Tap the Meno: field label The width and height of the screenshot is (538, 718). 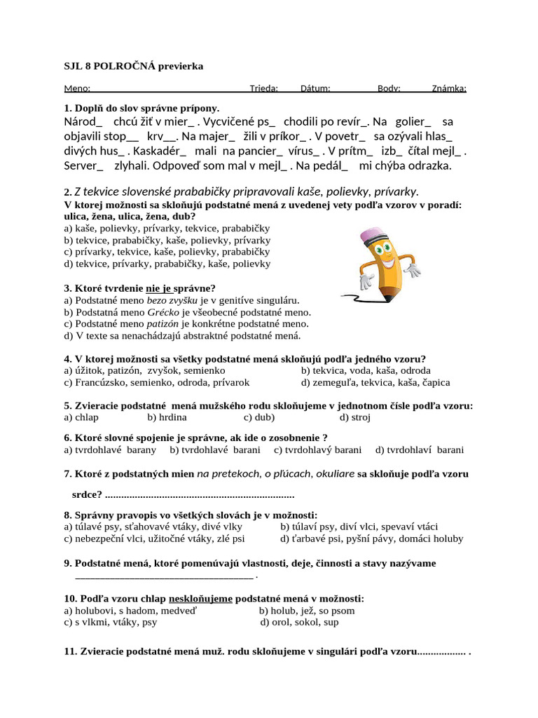(77, 88)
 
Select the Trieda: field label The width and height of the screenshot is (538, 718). (264, 88)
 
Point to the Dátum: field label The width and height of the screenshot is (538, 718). (315, 88)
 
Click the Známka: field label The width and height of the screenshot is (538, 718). (448, 88)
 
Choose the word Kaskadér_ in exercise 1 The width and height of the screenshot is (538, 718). (160, 151)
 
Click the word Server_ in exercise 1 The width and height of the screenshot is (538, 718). (83, 165)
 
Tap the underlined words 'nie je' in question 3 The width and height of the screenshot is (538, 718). (158, 288)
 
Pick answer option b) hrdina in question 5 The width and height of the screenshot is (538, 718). (167, 417)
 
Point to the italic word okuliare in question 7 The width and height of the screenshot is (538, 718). (336, 474)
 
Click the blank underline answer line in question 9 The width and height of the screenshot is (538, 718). (164, 576)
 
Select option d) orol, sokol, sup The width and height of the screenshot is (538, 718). (299, 622)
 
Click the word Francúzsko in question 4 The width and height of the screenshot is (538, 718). (105, 382)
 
